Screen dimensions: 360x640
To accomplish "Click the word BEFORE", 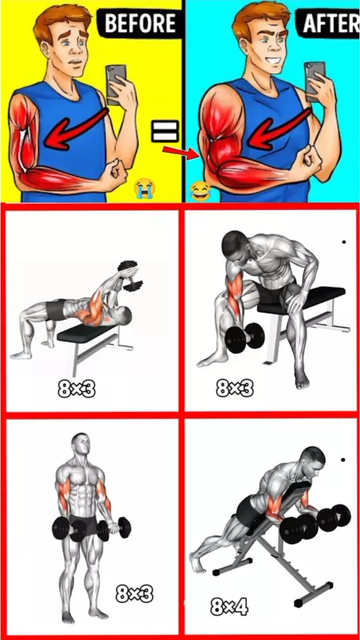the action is coord(140,23).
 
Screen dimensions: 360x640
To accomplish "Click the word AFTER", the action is coord(331,24).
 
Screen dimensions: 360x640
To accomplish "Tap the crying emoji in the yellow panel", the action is coord(145,189).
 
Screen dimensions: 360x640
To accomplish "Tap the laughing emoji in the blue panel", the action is coord(201,191).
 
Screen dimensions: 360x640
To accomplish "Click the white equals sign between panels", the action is coord(166,131).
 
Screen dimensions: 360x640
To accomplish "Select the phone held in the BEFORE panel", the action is coord(115,85).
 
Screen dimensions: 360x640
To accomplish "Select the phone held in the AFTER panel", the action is coord(315,82).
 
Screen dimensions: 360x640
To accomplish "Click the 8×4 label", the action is coord(229,607).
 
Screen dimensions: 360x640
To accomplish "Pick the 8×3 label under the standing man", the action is coord(134,594).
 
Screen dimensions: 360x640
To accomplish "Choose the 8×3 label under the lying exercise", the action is coord(76,390).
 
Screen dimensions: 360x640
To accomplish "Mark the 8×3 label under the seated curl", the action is coord(235,388).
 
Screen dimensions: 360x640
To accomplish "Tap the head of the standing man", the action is coord(80,445).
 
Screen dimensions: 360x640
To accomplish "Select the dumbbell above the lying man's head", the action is coord(129,276).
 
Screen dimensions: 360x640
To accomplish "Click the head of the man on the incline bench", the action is coord(312,459).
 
